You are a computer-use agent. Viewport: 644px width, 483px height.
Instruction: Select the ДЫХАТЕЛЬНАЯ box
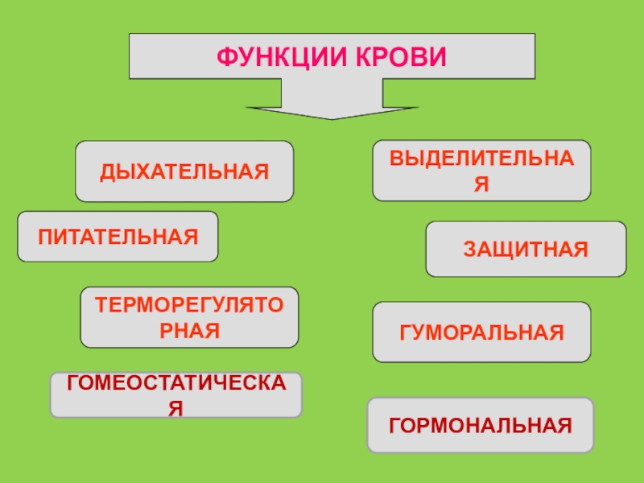[184, 171]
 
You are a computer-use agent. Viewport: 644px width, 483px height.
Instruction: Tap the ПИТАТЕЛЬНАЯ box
[118, 237]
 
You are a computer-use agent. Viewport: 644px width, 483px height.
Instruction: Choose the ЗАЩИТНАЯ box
[525, 250]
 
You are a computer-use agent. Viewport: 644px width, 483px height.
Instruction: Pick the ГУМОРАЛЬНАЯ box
[481, 332]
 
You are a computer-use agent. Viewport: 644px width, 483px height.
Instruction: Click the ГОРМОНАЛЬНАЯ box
[481, 424]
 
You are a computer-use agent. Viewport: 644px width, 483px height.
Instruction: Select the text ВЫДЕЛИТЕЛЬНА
[481, 159]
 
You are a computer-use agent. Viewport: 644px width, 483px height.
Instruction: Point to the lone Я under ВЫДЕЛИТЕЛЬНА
[481, 184]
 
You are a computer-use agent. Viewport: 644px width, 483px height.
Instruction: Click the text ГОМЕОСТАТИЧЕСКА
[176, 384]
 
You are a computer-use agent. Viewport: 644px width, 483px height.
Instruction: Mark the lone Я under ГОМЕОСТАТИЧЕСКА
[175, 408]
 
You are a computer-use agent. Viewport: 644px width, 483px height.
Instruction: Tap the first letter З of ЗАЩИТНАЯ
[468, 250]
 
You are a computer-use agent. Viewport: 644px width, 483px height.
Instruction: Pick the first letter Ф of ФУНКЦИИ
[224, 57]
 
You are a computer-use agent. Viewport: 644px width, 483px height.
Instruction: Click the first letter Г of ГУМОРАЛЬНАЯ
[403, 332]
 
